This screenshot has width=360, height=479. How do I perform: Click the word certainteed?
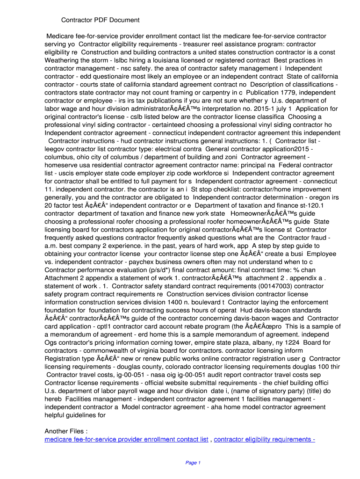click(180, 125)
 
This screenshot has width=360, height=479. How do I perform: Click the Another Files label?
click(65, 431)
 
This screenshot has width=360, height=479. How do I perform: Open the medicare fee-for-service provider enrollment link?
click(126, 440)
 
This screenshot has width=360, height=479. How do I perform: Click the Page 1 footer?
click(193, 463)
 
